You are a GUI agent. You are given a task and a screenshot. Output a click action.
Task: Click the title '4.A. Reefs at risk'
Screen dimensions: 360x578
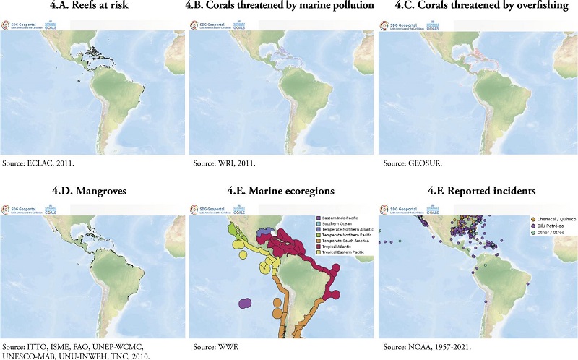[93, 7]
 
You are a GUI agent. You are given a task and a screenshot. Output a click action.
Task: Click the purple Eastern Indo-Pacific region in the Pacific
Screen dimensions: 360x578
[246, 307]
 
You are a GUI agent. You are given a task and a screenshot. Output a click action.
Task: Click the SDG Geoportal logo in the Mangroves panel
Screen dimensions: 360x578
[20, 210]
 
